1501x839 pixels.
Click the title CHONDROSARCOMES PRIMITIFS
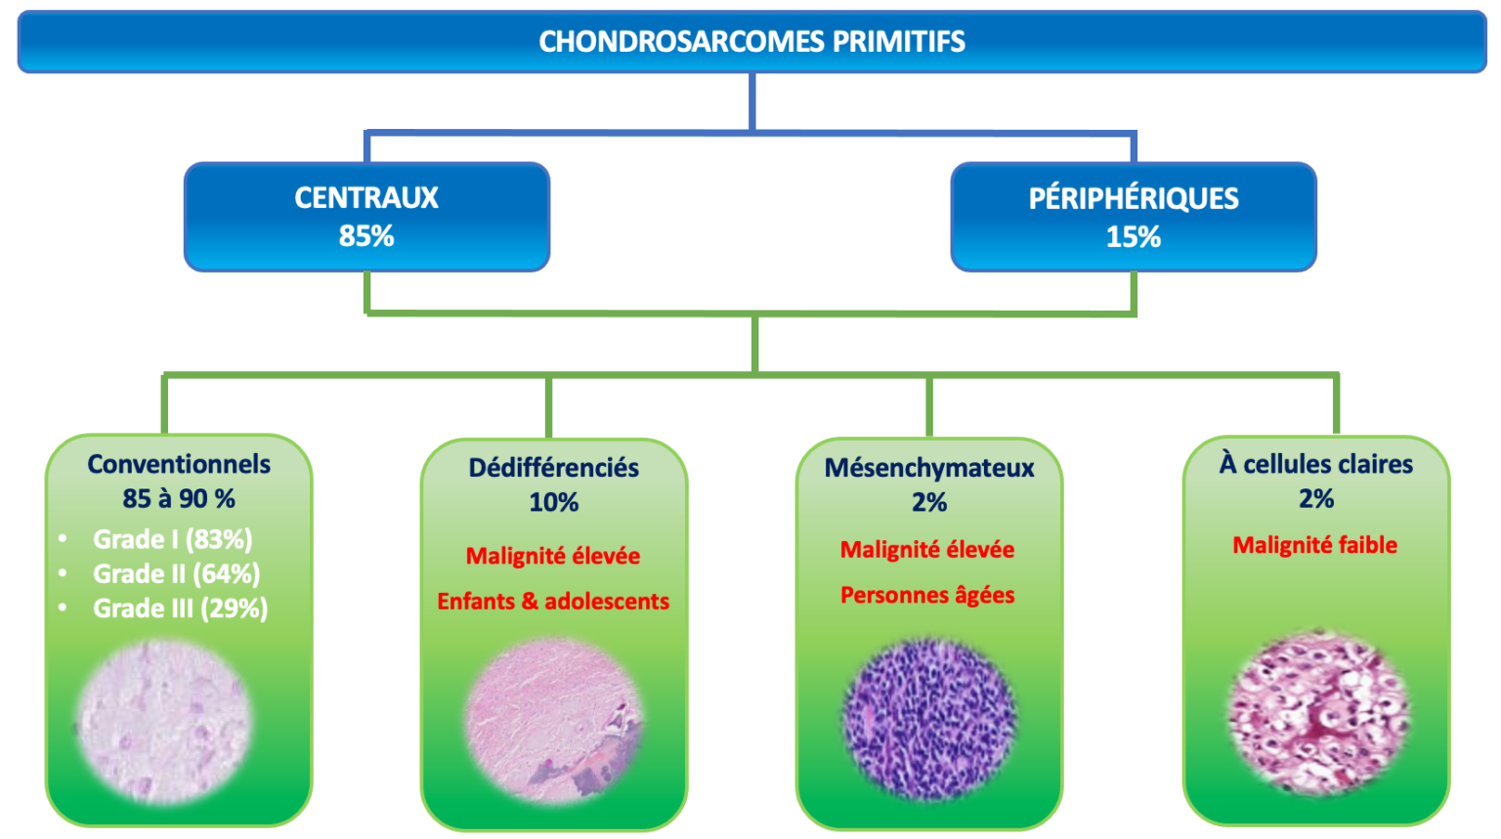[x=751, y=42]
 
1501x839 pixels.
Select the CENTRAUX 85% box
[x=366, y=216]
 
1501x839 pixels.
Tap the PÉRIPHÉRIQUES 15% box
[x=1133, y=217]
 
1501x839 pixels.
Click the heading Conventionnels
[x=179, y=464]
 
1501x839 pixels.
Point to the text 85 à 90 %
[x=179, y=498]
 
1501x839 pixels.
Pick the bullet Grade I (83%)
[x=172, y=539]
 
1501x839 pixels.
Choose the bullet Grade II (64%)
[x=176, y=573]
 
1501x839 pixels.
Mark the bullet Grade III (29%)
[x=180, y=608]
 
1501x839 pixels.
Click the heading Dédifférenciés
[x=553, y=468]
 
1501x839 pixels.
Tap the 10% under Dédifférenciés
[x=553, y=502]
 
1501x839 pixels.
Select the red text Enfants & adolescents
[x=553, y=601]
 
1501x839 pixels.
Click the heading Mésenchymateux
[x=928, y=468]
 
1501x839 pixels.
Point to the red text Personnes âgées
[x=927, y=595]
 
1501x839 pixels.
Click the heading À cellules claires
[x=1315, y=464]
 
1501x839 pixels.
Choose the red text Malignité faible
[x=1314, y=545]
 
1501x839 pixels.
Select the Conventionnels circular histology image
[x=163, y=721]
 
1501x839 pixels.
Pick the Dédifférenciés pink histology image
[x=554, y=721]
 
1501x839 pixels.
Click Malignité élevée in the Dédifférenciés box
[x=553, y=556]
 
